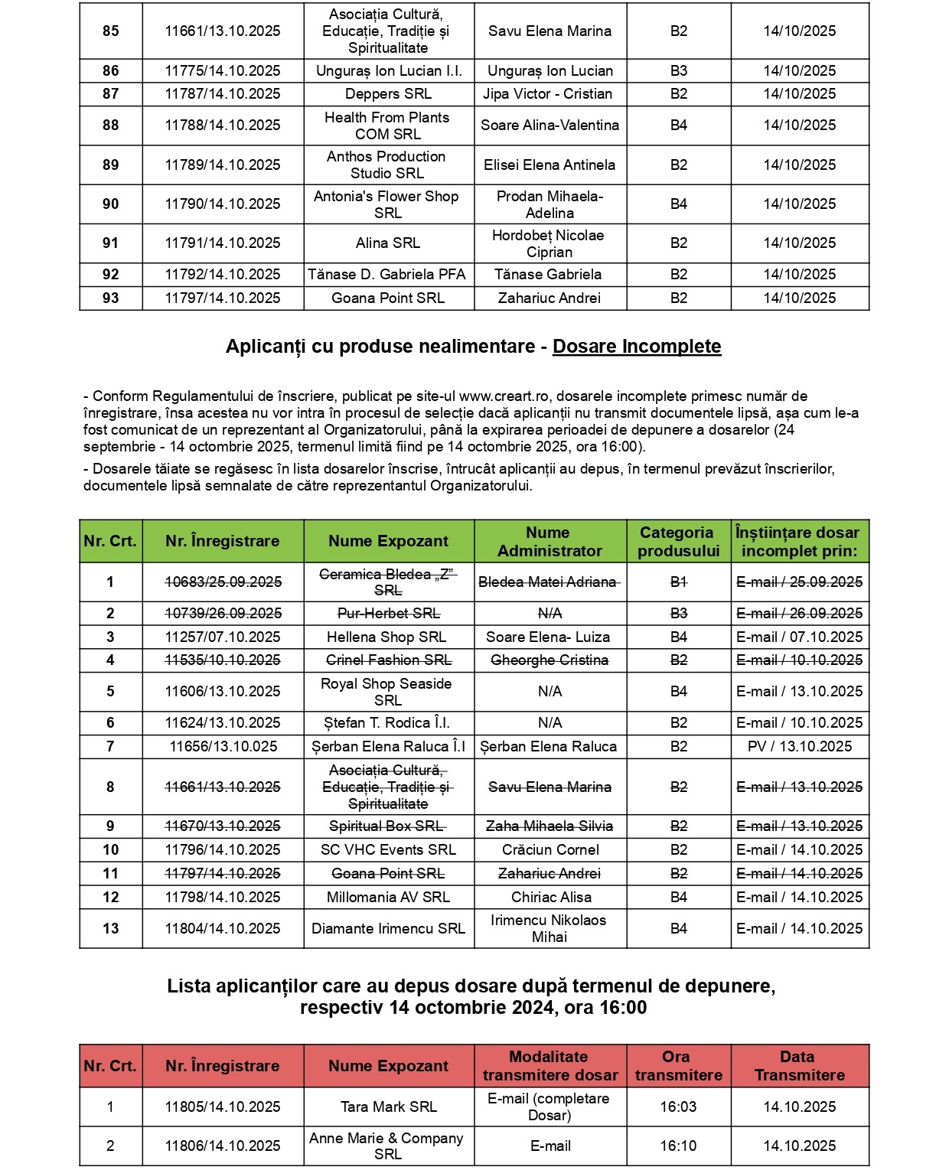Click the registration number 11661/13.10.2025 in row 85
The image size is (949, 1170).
[x=223, y=31]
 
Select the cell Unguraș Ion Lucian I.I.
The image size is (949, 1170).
[x=389, y=71]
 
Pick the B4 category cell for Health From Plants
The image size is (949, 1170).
[x=679, y=125]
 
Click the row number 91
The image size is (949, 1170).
[x=111, y=243]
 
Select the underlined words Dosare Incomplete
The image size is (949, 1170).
[x=637, y=347]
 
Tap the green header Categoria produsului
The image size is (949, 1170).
[x=678, y=542]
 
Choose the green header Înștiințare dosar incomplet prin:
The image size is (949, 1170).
[x=799, y=542]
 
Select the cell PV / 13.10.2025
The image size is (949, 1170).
[x=799, y=747]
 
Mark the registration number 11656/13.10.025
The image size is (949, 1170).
[x=223, y=747]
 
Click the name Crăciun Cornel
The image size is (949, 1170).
[x=550, y=850]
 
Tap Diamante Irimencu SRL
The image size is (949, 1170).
[x=388, y=929]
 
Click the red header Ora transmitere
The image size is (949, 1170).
[x=678, y=1066]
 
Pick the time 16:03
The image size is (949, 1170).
[x=678, y=1107]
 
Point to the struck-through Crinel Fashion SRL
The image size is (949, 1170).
[x=388, y=660]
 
